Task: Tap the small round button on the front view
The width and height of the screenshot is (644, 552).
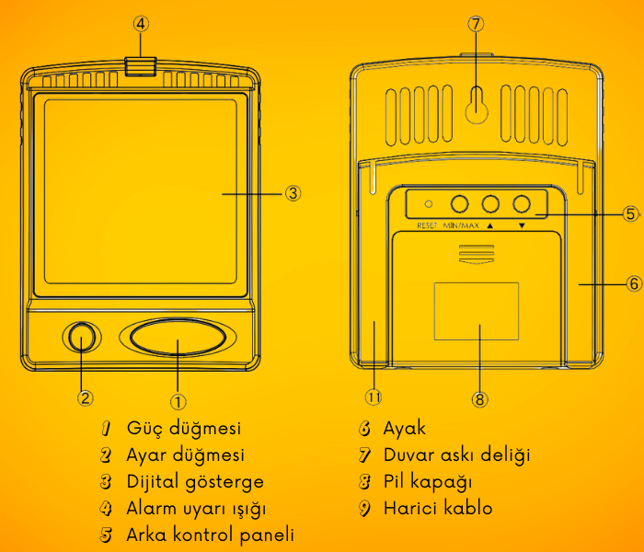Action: click(x=82, y=338)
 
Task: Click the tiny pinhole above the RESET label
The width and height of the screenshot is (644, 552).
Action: click(x=428, y=203)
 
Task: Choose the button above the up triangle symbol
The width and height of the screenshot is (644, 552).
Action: click(x=490, y=204)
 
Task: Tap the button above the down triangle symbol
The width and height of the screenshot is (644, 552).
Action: click(x=523, y=204)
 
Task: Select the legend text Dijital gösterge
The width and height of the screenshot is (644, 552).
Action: click(x=195, y=481)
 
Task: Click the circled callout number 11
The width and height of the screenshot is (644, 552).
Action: click(x=374, y=397)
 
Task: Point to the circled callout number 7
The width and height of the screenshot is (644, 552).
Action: click(x=476, y=25)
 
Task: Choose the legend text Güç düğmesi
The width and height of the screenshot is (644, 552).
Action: click(x=184, y=429)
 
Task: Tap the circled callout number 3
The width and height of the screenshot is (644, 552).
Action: click(x=292, y=193)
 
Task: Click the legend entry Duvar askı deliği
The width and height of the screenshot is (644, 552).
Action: click(x=457, y=454)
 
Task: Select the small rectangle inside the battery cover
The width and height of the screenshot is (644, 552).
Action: click(x=476, y=312)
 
